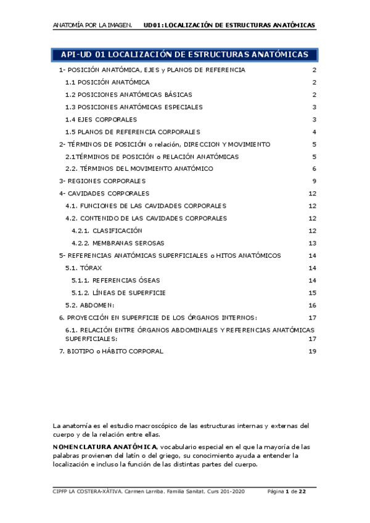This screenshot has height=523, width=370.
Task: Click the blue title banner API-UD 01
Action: tap(184, 55)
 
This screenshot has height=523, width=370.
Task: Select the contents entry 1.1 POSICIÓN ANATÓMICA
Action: tap(107, 82)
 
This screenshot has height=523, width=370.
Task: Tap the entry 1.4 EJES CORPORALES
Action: tap(101, 119)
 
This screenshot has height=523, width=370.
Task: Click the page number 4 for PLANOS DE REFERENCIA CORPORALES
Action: tap(314, 131)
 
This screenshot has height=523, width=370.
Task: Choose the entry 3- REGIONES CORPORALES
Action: tap(102, 181)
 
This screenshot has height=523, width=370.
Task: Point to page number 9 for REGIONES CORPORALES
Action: tap(314, 181)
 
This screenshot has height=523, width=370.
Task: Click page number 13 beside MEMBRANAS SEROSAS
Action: tap(312, 242)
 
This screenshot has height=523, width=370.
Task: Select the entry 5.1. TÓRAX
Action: tap(84, 268)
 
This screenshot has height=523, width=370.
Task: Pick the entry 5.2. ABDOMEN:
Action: tap(90, 305)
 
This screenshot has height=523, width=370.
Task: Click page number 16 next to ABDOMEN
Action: tap(312, 305)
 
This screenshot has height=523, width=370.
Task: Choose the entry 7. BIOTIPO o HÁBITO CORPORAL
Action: tap(111, 351)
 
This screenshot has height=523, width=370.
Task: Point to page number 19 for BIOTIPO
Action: tap(312, 351)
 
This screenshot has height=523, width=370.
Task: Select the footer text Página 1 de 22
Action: tap(287, 491)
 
